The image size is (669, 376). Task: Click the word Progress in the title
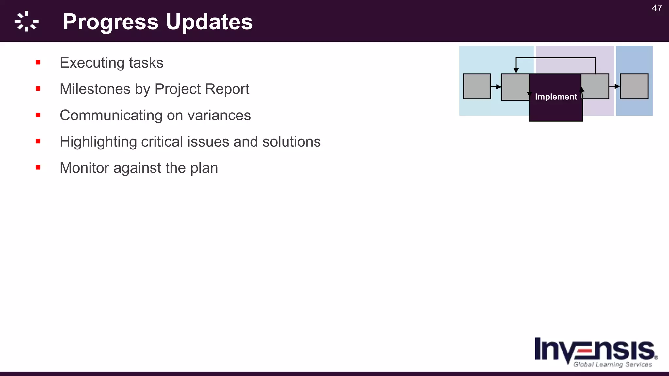pyautogui.click(x=110, y=22)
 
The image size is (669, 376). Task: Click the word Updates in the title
pyautogui.click(x=209, y=22)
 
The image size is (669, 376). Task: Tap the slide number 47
pyautogui.click(x=657, y=8)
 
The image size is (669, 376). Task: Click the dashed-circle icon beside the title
pyautogui.click(x=27, y=22)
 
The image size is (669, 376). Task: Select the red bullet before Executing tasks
pyautogui.click(x=38, y=62)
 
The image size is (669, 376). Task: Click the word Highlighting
pyautogui.click(x=98, y=142)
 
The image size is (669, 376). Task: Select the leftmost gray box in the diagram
pyautogui.click(x=477, y=86)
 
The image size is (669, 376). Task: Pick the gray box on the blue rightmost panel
pyautogui.click(x=634, y=86)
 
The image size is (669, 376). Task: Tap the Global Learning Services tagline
pyautogui.click(x=612, y=365)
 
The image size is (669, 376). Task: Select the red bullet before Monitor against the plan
pyautogui.click(x=38, y=168)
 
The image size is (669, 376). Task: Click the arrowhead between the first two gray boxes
pyautogui.click(x=498, y=87)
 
